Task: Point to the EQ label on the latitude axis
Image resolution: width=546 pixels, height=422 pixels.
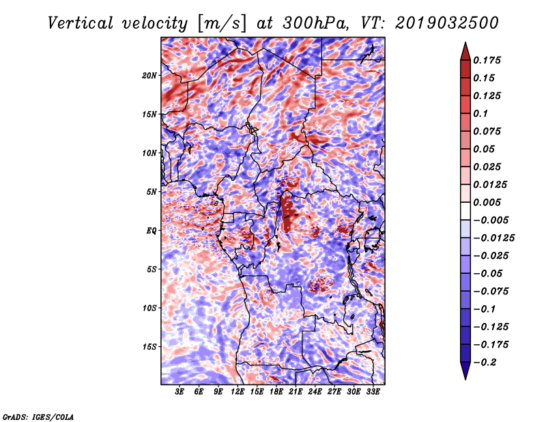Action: (152, 231)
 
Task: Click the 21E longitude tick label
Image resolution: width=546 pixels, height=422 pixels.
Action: (296, 392)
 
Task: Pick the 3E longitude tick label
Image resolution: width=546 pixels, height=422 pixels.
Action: (180, 392)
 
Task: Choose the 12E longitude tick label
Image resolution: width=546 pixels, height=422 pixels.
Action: (238, 392)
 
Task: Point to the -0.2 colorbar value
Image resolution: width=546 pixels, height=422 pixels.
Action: (489, 362)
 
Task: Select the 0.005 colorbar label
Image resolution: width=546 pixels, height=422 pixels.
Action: (489, 202)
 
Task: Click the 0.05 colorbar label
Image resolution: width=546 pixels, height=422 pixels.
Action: (485, 149)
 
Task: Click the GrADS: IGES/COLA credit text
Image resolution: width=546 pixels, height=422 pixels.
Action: (38, 416)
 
